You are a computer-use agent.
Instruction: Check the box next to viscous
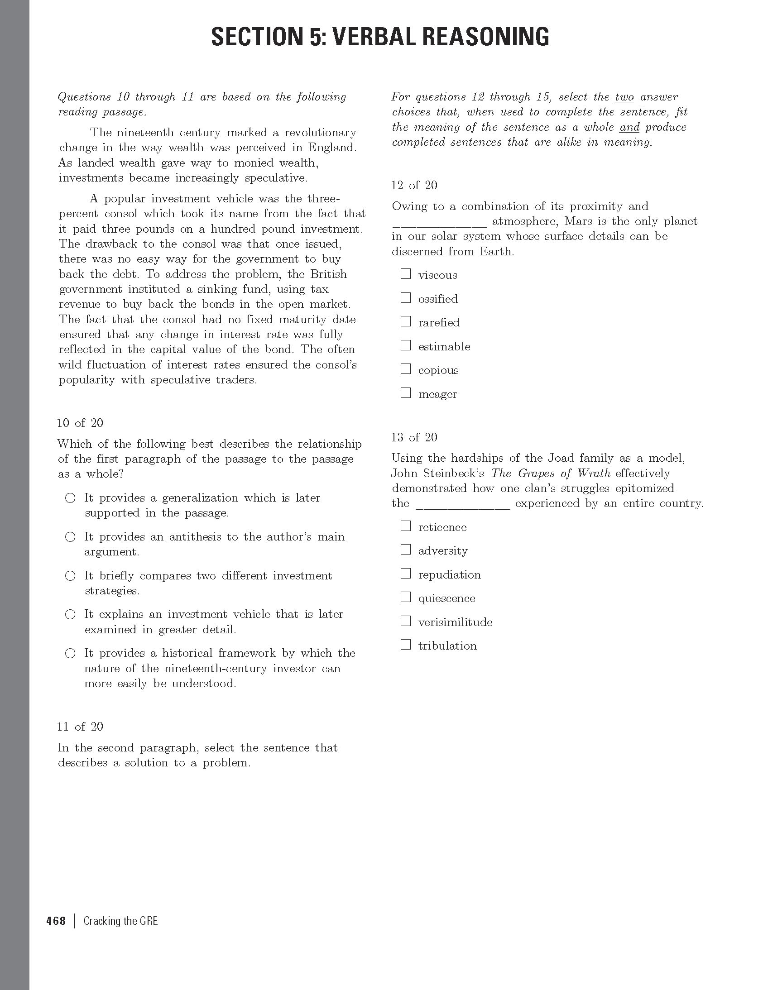(x=405, y=274)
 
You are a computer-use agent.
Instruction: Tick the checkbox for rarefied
(x=405, y=321)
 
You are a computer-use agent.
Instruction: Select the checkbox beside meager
(x=405, y=392)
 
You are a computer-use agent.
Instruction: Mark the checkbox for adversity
(x=405, y=550)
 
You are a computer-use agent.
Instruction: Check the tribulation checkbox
(x=405, y=644)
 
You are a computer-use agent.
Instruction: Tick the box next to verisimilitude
(x=405, y=621)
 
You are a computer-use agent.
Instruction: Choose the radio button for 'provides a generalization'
(x=70, y=498)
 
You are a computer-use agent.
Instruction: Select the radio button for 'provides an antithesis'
(x=70, y=537)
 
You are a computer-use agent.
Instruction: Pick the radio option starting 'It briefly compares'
(x=70, y=576)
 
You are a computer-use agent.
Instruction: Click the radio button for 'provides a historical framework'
(x=70, y=653)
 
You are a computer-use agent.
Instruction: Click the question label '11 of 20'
(x=80, y=727)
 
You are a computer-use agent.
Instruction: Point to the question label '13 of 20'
(x=414, y=437)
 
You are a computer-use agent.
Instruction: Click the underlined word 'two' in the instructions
(x=624, y=97)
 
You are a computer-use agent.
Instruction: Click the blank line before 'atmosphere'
(x=439, y=222)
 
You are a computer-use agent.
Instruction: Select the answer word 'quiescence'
(x=446, y=598)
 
